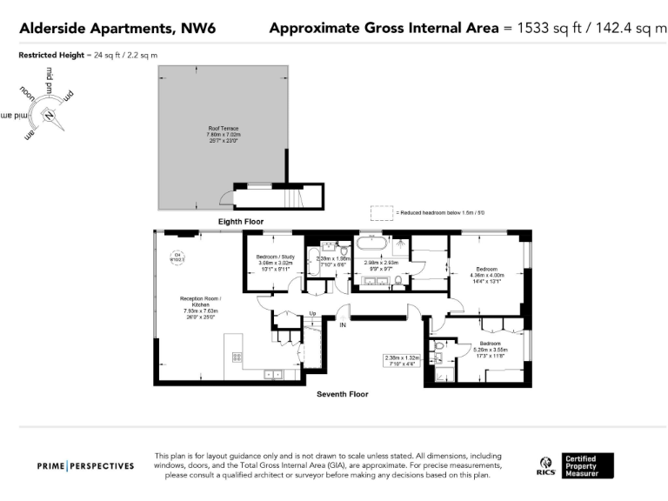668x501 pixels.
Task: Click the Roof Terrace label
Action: (223, 128)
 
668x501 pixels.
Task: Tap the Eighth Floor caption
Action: (240, 222)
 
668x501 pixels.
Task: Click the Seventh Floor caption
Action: (342, 394)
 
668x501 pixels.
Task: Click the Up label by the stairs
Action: (312, 313)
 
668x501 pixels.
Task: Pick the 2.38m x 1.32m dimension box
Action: (402, 361)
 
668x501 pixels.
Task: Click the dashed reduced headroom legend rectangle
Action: (381, 212)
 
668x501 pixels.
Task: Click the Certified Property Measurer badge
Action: (589, 465)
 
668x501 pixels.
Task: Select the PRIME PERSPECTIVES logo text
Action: (85, 466)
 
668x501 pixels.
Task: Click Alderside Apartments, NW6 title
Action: (117, 29)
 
